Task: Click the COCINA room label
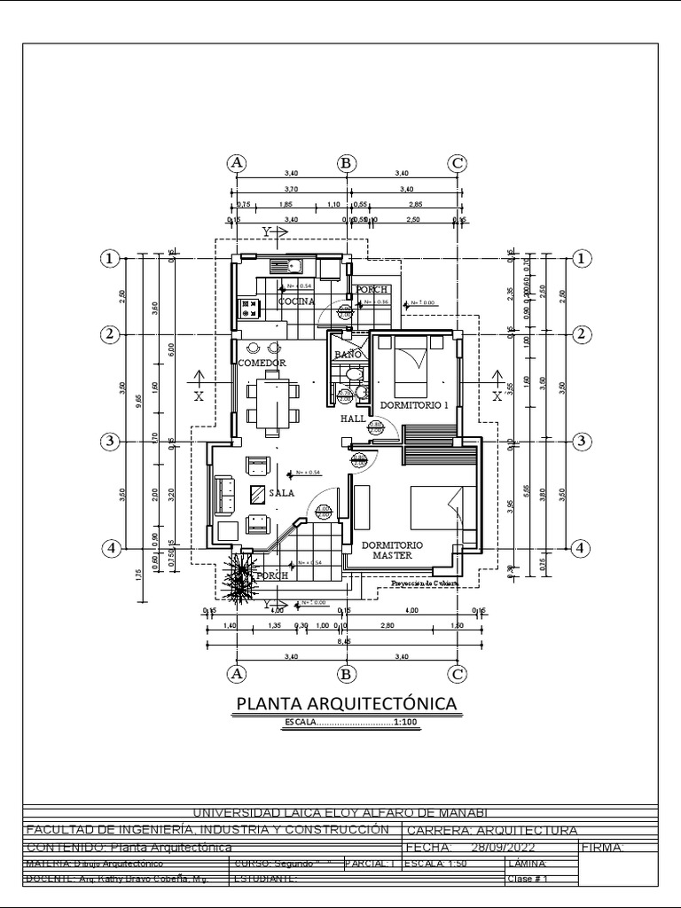[296, 301]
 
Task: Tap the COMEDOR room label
[262, 364]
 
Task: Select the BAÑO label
[347, 355]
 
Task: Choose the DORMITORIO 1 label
[414, 405]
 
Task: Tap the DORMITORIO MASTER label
[392, 550]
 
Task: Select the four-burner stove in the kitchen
[247, 309]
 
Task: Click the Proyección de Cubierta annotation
[426, 583]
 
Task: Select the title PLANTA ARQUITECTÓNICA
[347, 704]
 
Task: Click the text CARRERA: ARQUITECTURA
[490, 830]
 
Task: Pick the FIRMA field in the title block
[603, 847]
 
